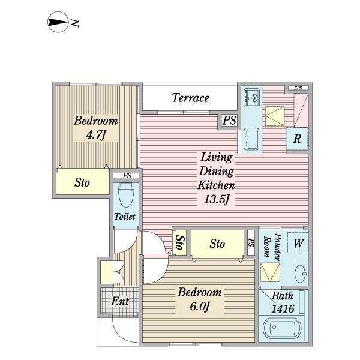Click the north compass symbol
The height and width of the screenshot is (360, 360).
pyautogui.click(x=58, y=22)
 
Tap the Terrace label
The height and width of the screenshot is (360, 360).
pyautogui.click(x=190, y=98)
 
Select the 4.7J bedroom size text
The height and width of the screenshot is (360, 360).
pyautogui.click(x=96, y=134)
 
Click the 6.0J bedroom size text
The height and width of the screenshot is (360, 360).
pyautogui.click(x=200, y=306)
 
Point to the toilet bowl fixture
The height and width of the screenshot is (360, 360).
pyautogui.click(x=126, y=195)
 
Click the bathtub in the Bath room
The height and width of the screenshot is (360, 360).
pyautogui.click(x=282, y=328)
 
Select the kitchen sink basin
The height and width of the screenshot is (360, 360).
pyautogui.click(x=251, y=139)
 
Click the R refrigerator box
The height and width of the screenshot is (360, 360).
pyautogui.click(x=297, y=139)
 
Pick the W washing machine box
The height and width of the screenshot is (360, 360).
pyautogui.click(x=298, y=243)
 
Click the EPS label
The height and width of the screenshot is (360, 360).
pyautogui.click(x=298, y=88)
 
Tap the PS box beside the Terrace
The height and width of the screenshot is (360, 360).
pyautogui.click(x=229, y=120)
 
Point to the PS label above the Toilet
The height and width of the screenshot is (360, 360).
pyautogui.click(x=127, y=176)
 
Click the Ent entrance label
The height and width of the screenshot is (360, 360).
pyautogui.click(x=120, y=301)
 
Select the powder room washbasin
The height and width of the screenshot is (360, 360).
pyautogui.click(x=301, y=274)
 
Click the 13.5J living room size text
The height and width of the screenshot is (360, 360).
pyautogui.click(x=217, y=199)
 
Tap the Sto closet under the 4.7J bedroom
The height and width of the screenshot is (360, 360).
pyautogui.click(x=82, y=182)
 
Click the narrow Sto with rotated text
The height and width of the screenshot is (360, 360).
pyautogui.click(x=179, y=242)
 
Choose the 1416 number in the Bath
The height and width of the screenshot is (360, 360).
pyautogui.click(x=283, y=309)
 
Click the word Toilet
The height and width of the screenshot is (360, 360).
pyautogui.click(x=125, y=217)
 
